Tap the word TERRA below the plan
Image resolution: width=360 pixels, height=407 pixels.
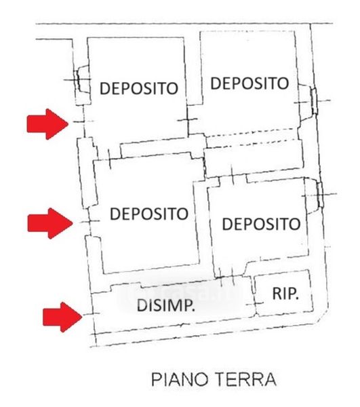pos(246,379)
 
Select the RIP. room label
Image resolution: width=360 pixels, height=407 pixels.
pos(285,294)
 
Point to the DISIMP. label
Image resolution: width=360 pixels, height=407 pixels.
pos(165,305)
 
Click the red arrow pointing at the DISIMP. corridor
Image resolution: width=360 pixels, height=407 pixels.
pos(62,317)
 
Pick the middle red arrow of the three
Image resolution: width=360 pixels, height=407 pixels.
pos(49,223)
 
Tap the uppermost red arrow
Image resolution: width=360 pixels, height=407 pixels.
pos(47,124)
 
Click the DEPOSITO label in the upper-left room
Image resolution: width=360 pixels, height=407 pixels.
pos(139,88)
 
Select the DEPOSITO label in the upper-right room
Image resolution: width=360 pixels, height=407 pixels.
pos(249,83)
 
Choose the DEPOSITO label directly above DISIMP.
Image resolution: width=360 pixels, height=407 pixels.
pos(149,214)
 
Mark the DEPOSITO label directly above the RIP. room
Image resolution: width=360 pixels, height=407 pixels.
pos(261,224)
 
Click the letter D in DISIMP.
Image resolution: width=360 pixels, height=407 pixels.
pos(141,305)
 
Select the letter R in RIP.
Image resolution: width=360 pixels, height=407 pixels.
pos(277,294)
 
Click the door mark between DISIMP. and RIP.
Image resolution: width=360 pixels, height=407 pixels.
pos(255,303)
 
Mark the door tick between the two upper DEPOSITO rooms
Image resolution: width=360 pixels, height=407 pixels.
pos(187,119)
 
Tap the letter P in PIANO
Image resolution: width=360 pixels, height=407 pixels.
pos(156,379)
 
